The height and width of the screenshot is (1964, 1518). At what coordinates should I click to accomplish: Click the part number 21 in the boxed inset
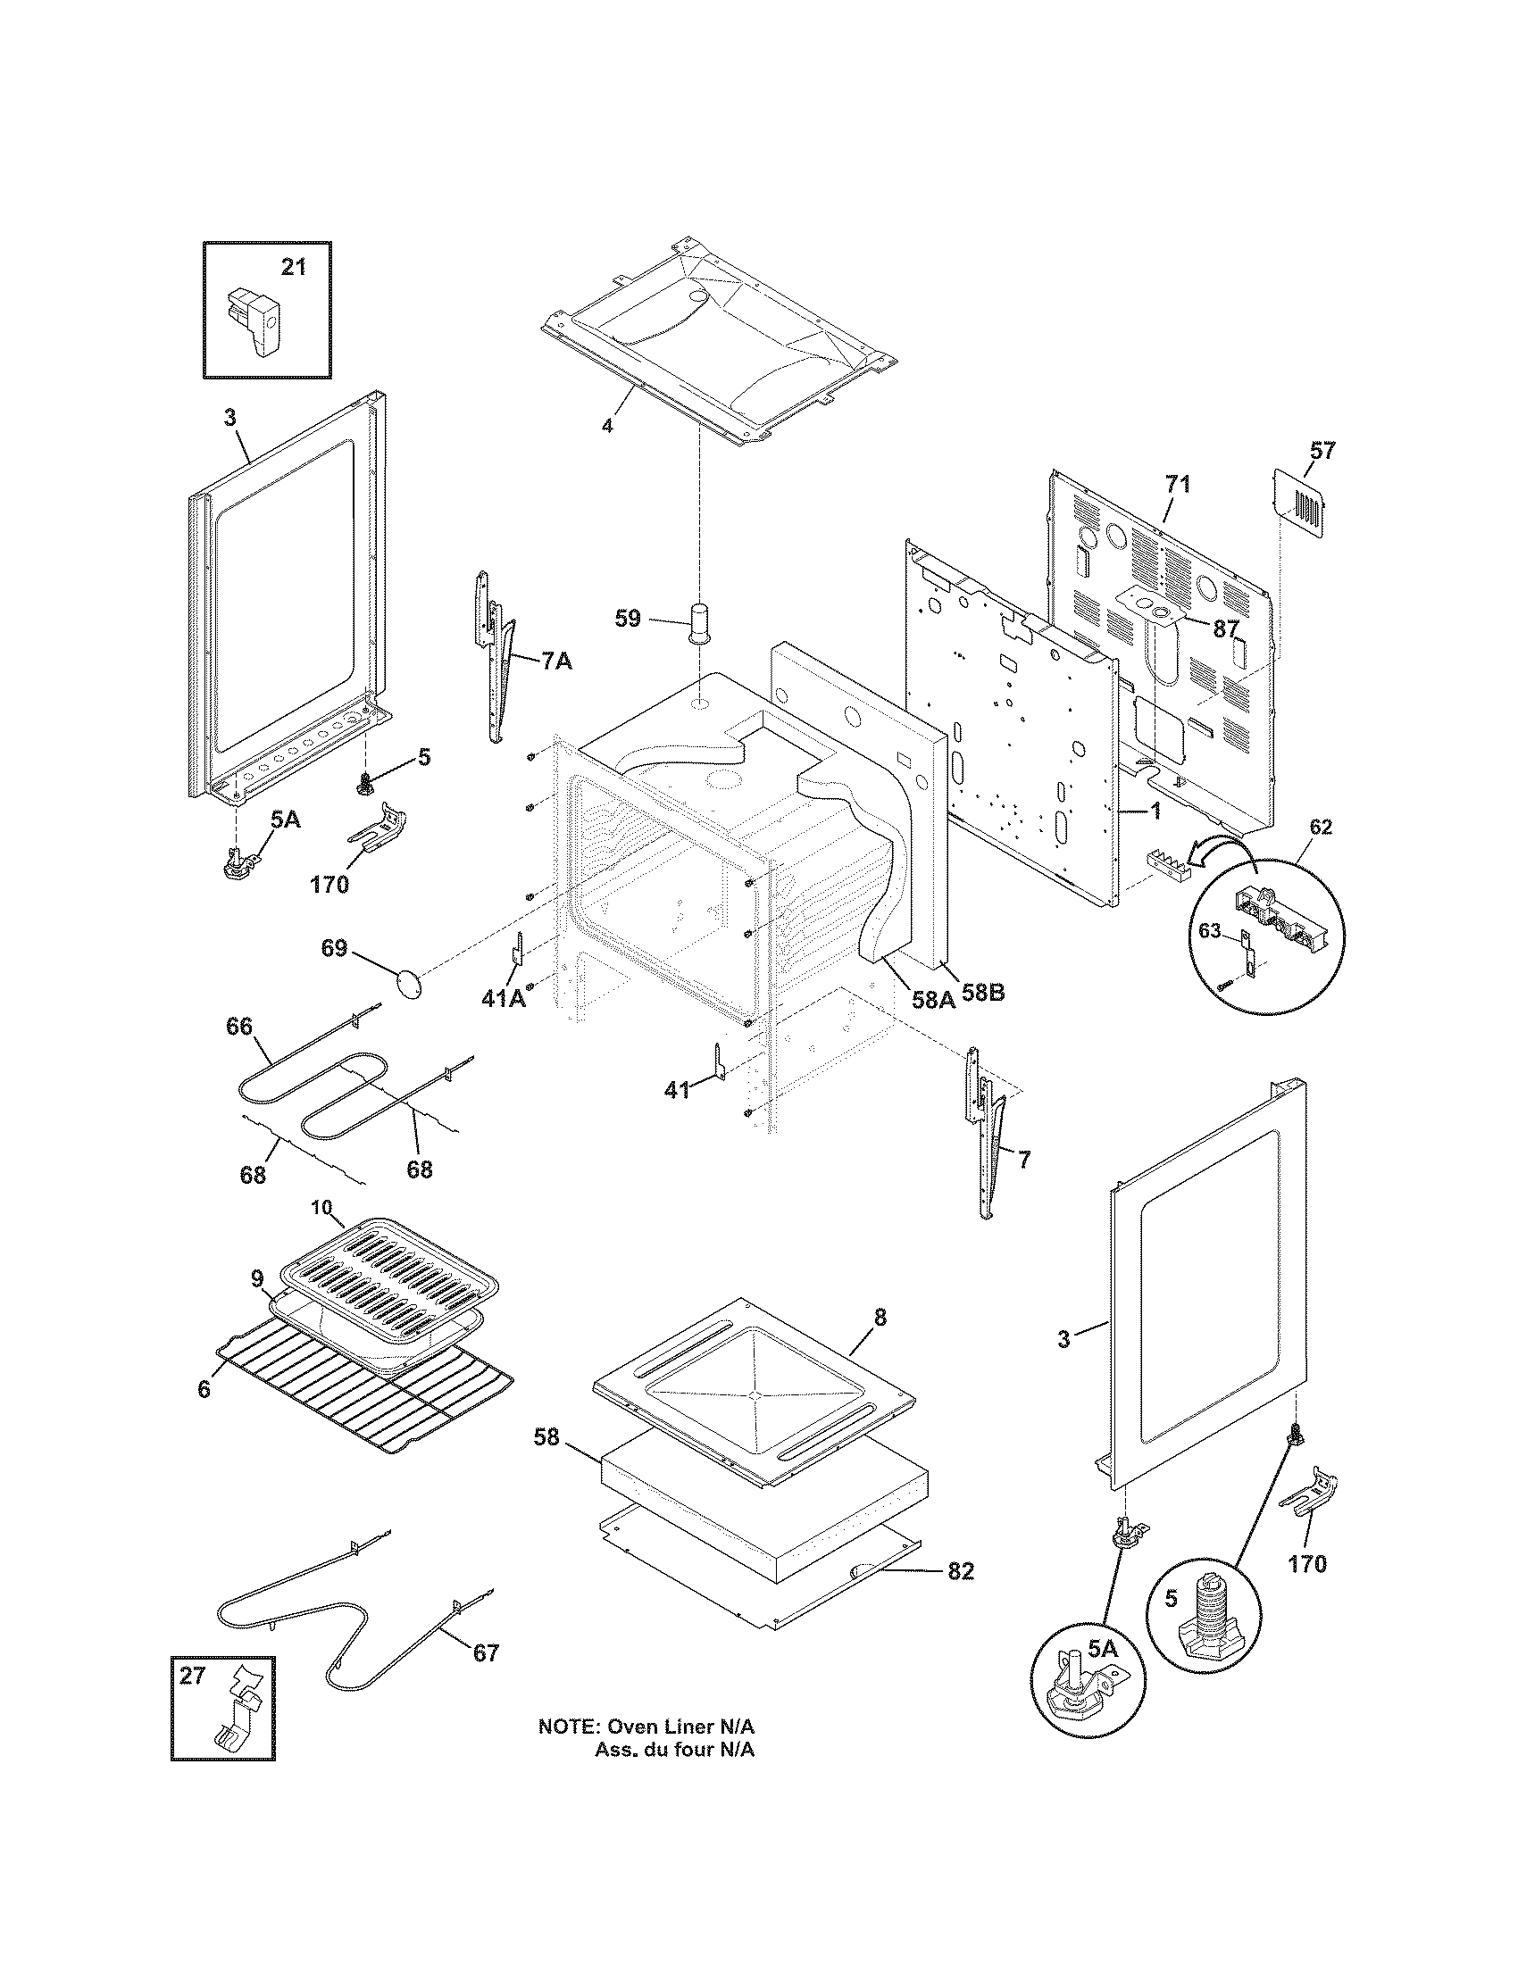point(293,267)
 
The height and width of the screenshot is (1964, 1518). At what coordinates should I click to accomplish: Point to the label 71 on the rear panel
point(1177,485)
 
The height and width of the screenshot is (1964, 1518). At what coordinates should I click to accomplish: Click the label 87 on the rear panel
point(1226,628)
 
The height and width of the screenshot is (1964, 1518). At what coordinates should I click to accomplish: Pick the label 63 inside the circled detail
point(1211,931)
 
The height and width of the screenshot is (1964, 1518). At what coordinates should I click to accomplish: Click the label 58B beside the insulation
point(983,994)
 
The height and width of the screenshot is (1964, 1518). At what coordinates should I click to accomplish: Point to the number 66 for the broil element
point(239,1026)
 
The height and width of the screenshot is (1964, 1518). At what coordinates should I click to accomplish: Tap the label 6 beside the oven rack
point(204,1389)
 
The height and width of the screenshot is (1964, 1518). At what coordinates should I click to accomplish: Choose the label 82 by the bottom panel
point(960,1571)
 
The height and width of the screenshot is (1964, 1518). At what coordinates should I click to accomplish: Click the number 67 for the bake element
point(486,1652)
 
